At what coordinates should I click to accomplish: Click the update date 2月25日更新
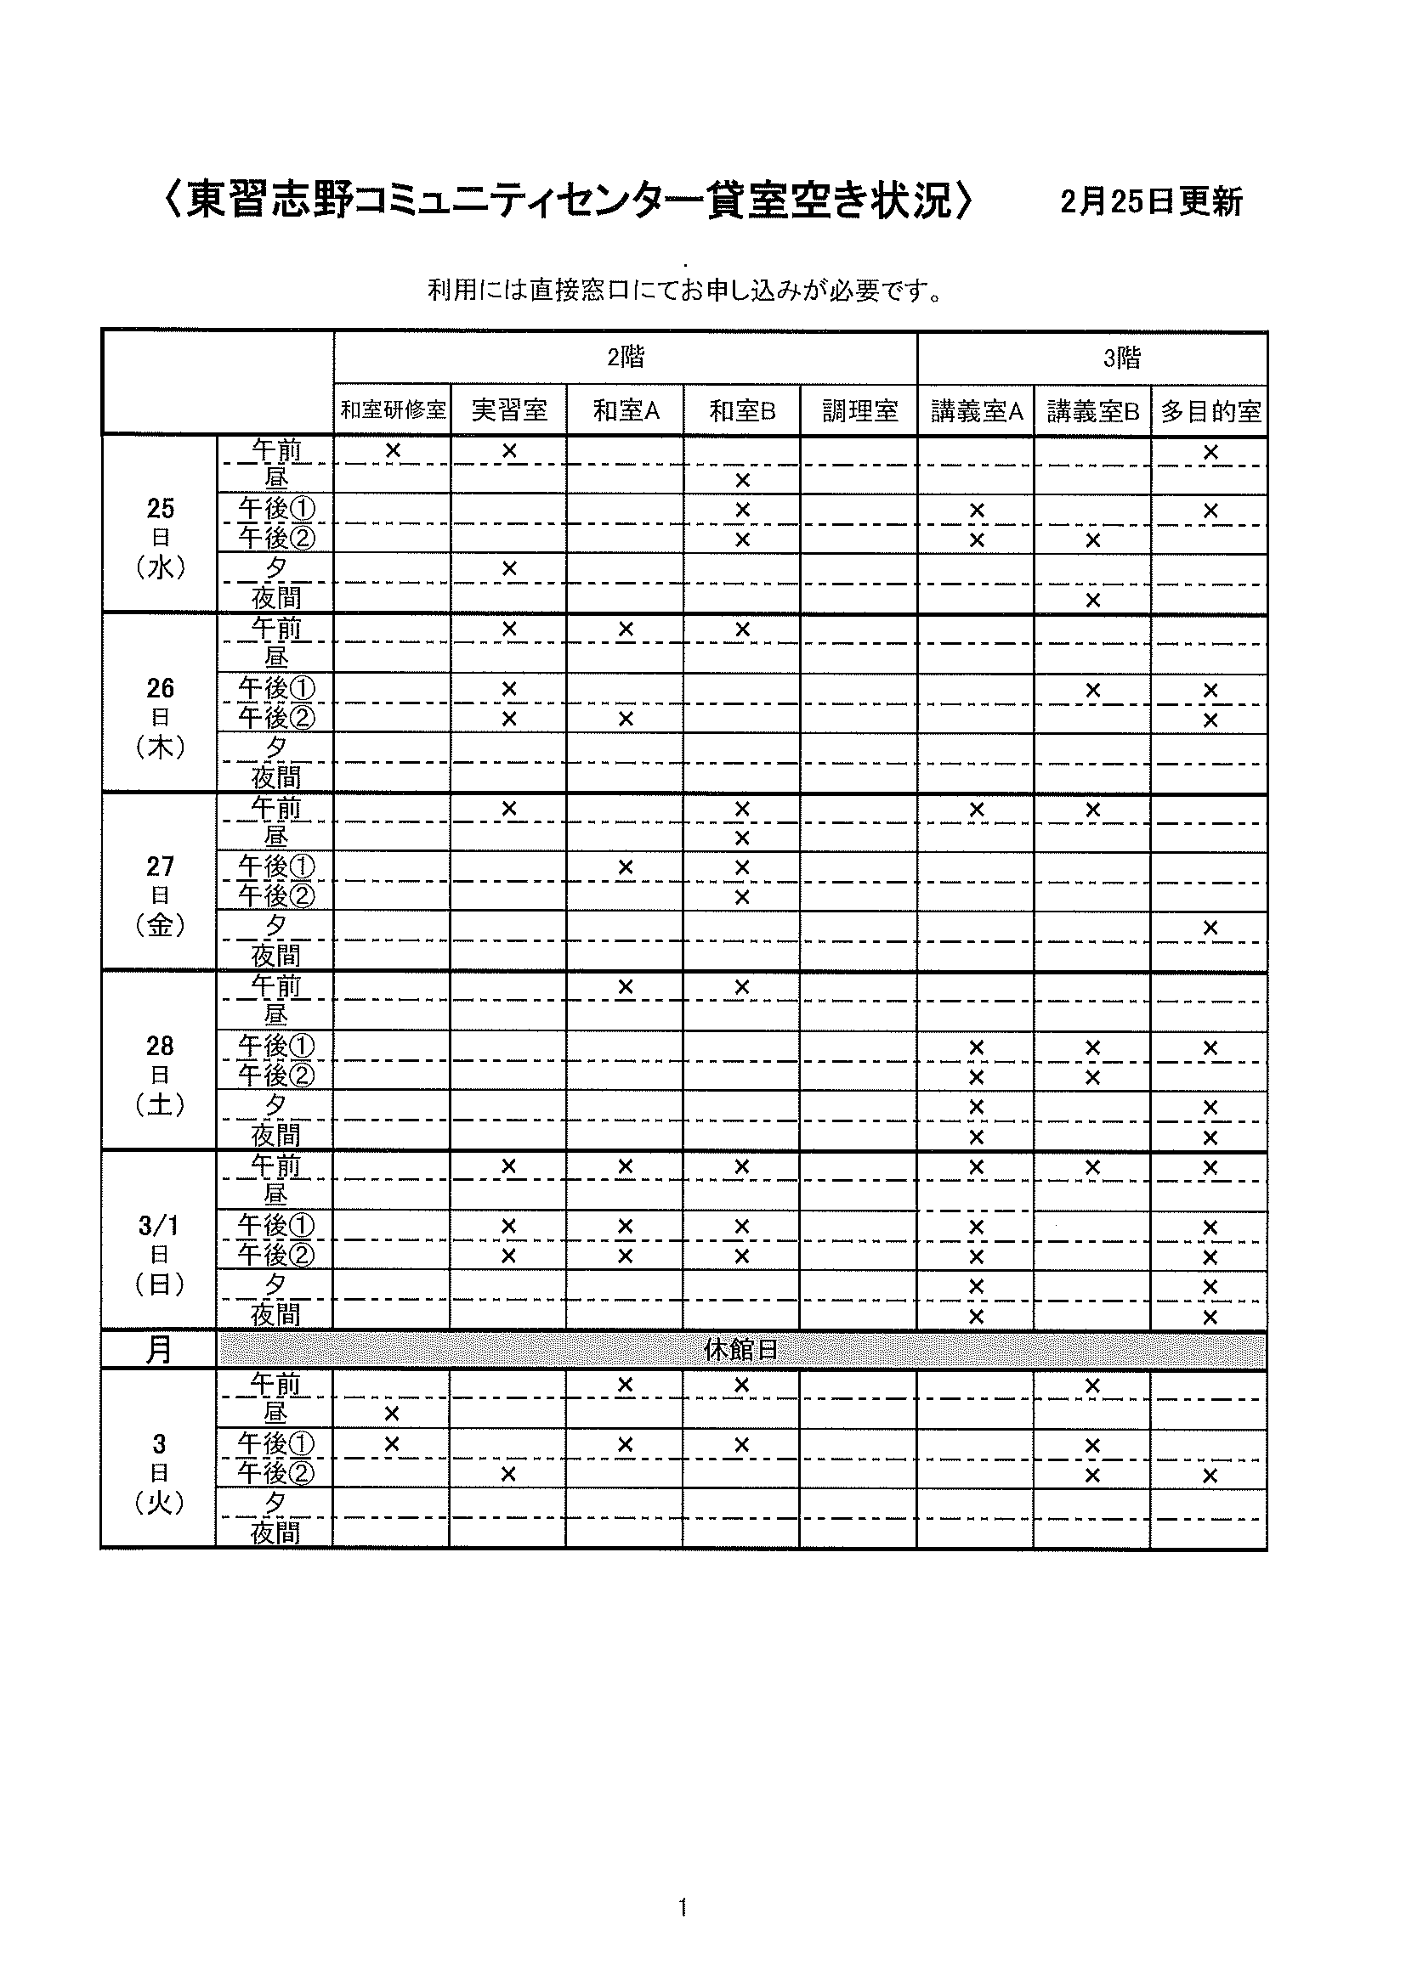(1151, 201)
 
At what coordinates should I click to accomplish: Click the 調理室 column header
(859, 411)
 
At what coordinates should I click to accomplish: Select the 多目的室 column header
(1210, 411)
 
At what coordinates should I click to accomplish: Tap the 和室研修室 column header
(393, 410)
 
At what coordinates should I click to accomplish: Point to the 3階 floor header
(1122, 358)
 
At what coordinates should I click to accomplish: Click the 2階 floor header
(625, 358)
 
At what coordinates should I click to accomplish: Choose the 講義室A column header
(977, 411)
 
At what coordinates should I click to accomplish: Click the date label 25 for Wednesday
(161, 509)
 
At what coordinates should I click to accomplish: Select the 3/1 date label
(160, 1226)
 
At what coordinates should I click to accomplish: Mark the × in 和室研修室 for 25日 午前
(393, 450)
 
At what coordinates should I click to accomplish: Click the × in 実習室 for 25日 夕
(509, 568)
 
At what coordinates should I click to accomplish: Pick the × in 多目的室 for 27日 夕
(1210, 928)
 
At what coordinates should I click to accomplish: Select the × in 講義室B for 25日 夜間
(1092, 600)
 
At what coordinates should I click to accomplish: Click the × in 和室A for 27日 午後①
(625, 867)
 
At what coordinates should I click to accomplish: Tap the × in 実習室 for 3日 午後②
(508, 1474)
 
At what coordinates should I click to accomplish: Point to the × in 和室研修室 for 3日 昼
(391, 1414)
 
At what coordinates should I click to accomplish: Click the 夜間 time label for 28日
(276, 1135)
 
